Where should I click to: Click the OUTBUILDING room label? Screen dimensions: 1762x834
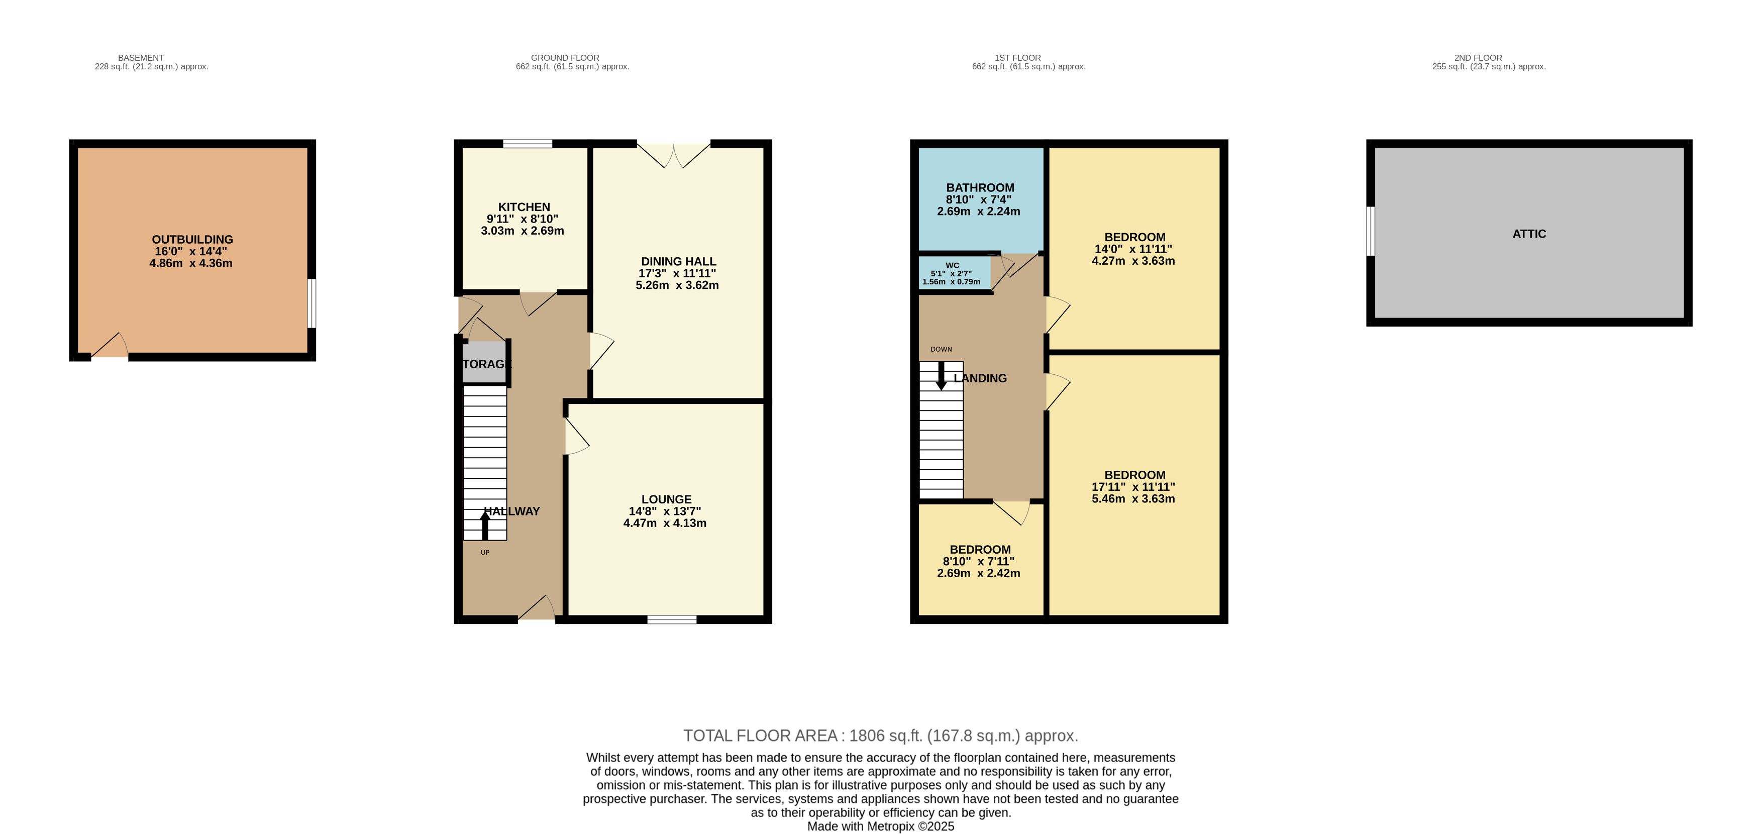tap(192, 240)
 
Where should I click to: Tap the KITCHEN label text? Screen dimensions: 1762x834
tap(524, 206)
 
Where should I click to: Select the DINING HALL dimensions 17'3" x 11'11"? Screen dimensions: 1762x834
tap(677, 273)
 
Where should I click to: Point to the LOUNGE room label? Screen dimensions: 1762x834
tap(666, 499)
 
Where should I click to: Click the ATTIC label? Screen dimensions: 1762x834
tap(1529, 234)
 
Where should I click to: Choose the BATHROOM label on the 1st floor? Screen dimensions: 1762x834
tap(980, 187)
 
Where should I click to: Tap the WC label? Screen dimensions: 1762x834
tap(952, 265)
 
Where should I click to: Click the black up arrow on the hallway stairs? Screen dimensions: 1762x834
tap(485, 526)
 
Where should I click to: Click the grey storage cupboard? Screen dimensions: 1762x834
tap(484, 363)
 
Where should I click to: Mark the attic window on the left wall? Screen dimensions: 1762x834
tap(1370, 231)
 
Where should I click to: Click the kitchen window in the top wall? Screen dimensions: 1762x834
tap(528, 144)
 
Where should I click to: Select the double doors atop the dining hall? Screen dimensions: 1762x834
tap(674, 155)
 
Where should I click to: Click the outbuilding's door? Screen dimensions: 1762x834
tap(110, 346)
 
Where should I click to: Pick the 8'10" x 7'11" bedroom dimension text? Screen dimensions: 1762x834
tap(978, 561)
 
